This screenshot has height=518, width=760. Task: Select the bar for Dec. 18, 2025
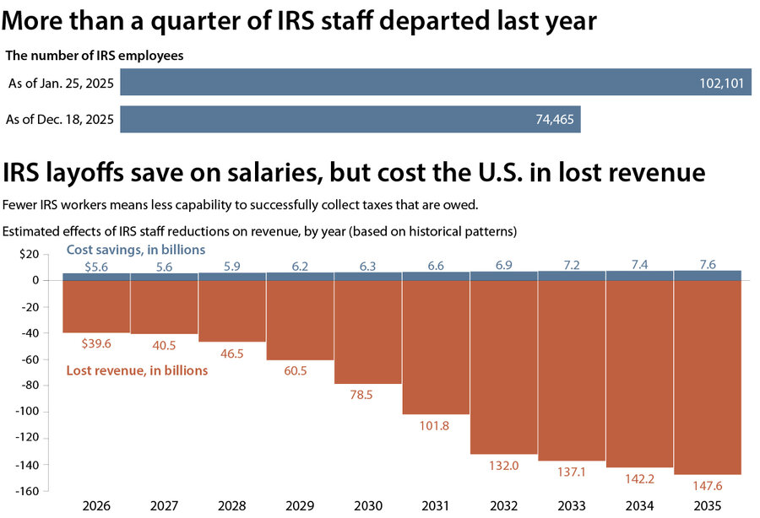click(x=350, y=119)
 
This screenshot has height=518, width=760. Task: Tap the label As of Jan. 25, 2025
click(x=59, y=83)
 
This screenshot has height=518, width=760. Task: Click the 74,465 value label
click(x=554, y=120)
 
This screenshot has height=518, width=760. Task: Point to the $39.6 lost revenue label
click(x=96, y=343)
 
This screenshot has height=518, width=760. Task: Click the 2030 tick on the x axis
click(x=368, y=505)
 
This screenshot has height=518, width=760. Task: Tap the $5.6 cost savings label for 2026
click(x=96, y=265)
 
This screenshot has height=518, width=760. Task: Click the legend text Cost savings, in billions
click(x=136, y=250)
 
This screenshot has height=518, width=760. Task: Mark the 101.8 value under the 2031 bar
click(x=436, y=425)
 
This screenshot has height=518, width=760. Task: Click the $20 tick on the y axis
click(x=30, y=254)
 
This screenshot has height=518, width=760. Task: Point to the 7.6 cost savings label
click(x=708, y=265)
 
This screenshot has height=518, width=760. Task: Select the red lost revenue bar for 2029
click(x=300, y=321)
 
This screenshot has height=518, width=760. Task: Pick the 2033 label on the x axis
click(x=572, y=505)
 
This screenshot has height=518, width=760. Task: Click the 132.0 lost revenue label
click(x=504, y=464)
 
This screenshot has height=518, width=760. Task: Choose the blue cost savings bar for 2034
click(x=639, y=276)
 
